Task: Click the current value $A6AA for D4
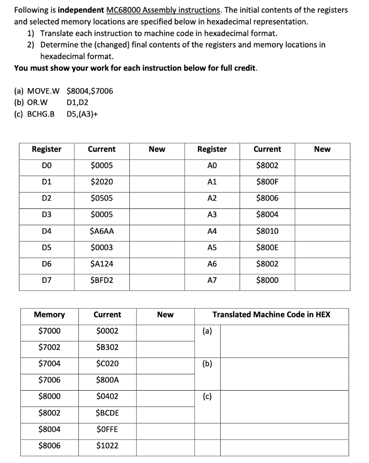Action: coord(102,231)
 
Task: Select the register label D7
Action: coord(47,280)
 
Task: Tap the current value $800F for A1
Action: coord(267,182)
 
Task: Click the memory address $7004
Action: coord(49,364)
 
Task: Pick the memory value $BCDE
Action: coord(107,413)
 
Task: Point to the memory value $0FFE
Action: coord(107,429)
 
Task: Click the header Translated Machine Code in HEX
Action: coord(271,314)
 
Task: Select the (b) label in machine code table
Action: coord(207,364)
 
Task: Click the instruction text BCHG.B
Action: coord(34,113)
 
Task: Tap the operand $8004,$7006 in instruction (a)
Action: coord(90,91)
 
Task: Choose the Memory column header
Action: coord(49,314)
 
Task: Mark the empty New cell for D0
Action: coord(157,165)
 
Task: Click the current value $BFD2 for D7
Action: coord(102,280)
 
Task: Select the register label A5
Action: coord(212,247)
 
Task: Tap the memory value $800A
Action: coord(107,380)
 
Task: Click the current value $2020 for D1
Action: coord(102,182)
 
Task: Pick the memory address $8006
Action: coord(49,446)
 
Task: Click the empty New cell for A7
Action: coord(322,280)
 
